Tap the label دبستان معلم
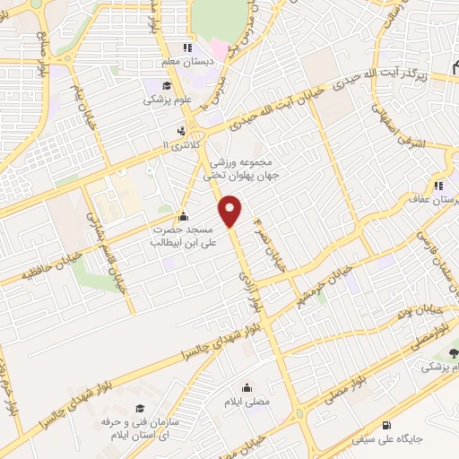point(186,63)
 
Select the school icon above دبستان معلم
point(186,48)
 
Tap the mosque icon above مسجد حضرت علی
point(184,216)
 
